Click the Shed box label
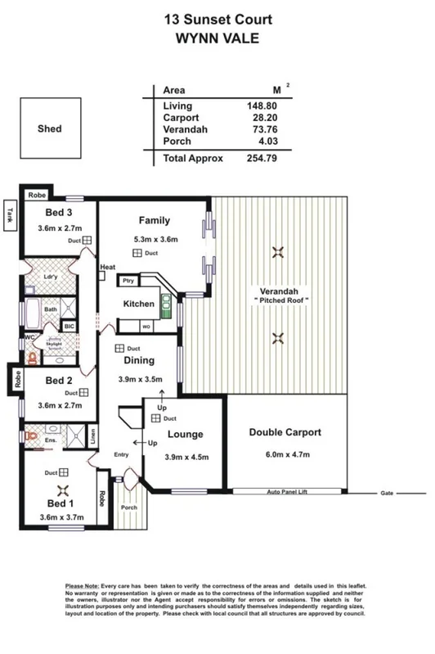49,129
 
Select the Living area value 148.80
262,106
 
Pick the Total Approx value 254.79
262,157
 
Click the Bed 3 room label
58,214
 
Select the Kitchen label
139,304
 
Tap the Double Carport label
285,432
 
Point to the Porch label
129,507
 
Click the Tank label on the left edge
11,214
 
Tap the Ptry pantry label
128,281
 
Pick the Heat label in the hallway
107,268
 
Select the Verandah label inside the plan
278,291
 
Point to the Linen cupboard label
94,436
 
